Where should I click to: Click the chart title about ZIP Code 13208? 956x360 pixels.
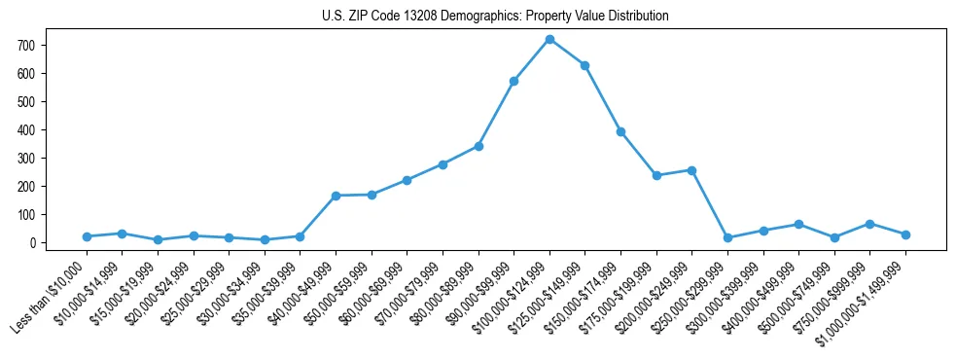(495, 17)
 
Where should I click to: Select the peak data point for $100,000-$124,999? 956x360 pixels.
(549, 39)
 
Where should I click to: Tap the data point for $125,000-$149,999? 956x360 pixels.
(584, 65)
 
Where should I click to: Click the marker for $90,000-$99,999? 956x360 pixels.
(513, 81)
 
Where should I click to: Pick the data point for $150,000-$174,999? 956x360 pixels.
(620, 131)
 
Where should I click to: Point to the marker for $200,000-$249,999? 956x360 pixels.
(691, 170)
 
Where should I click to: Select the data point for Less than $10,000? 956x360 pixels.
(87, 236)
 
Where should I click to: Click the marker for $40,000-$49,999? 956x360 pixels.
(336, 196)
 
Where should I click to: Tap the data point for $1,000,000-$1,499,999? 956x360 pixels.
(905, 234)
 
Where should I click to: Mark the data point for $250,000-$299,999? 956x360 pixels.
(727, 237)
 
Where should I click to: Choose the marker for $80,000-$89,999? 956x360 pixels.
(478, 146)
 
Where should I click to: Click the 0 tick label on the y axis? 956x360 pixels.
(33, 243)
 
